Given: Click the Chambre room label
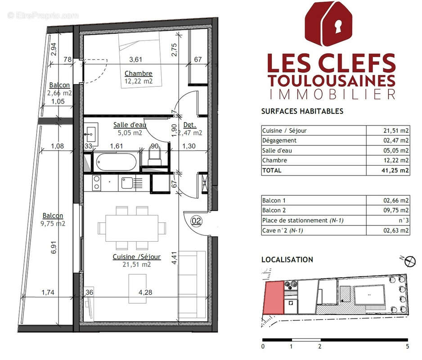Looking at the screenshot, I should (x=138, y=73).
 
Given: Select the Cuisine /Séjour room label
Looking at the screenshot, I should (x=136, y=256).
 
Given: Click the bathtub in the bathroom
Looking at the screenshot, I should (x=115, y=162).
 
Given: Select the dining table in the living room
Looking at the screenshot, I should (x=132, y=228).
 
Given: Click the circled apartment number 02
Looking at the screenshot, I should (x=196, y=220).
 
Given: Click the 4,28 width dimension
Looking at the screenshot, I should (x=145, y=292).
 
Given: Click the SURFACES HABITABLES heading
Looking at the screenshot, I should (x=302, y=112).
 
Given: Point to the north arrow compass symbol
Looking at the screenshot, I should (x=409, y=261).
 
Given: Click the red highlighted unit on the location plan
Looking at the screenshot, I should (x=274, y=297).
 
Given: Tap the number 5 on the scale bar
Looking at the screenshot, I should (x=407, y=346).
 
